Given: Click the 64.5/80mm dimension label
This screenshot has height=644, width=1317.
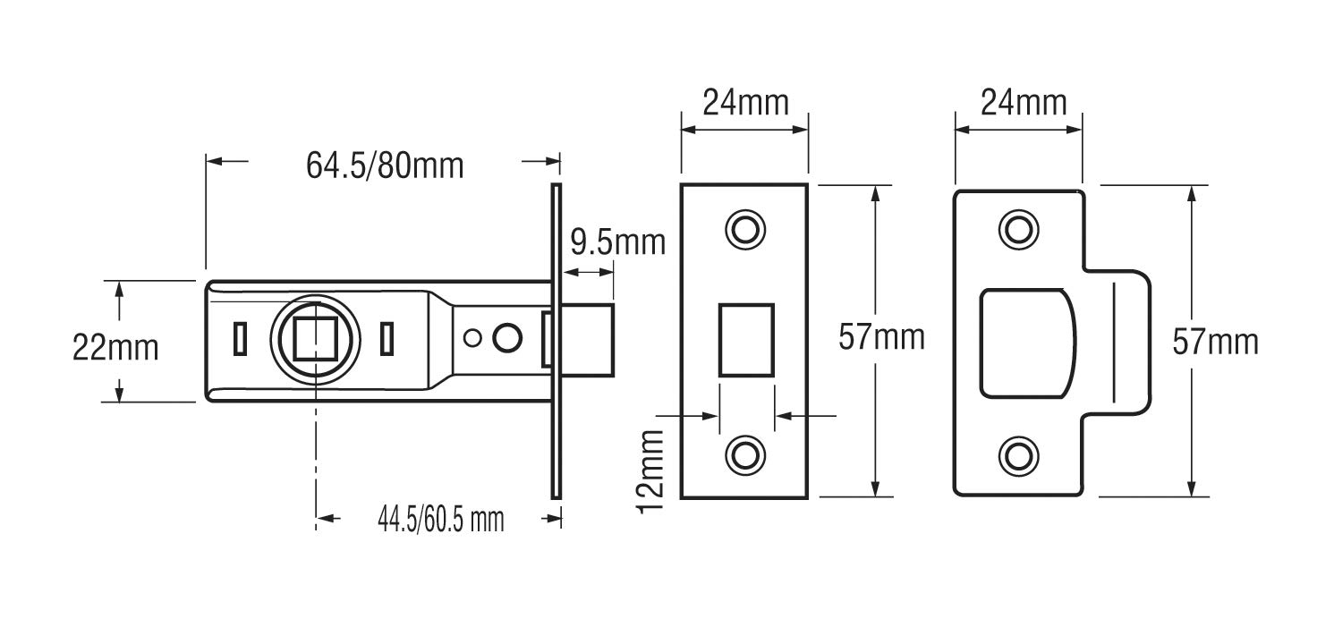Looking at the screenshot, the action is coord(385,165).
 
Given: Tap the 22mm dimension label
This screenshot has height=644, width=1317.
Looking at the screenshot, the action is coord(115,348).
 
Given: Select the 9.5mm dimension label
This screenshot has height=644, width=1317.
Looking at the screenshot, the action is coord(618,242).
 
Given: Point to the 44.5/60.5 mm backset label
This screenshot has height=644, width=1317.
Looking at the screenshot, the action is coord(441,520).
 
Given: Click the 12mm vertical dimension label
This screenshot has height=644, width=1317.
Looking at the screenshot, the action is coord(650,472).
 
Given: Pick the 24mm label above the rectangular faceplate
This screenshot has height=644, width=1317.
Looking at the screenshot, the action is coord(745,103).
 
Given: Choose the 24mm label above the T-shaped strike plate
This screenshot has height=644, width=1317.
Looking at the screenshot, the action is coord(1024,103).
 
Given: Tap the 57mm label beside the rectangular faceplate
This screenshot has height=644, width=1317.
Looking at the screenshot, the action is coord(881,336).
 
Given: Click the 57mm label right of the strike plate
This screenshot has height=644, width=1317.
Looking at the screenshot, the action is coord(1215,342).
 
